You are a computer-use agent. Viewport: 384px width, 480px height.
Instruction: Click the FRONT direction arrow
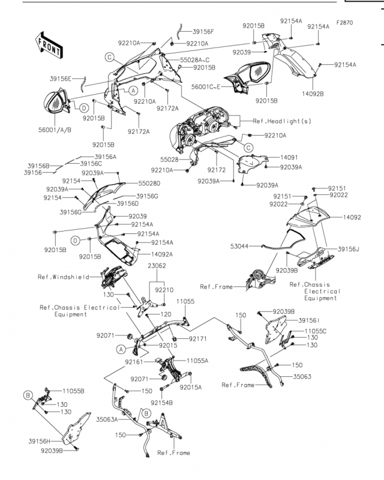49,45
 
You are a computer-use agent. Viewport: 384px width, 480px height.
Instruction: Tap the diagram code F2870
344,23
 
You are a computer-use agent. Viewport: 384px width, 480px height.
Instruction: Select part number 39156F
203,32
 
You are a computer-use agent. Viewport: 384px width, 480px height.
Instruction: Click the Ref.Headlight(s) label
282,121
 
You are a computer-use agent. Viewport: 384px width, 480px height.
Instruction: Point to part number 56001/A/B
55,130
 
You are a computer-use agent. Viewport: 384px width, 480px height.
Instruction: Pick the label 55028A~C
195,60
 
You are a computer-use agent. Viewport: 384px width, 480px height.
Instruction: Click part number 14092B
313,94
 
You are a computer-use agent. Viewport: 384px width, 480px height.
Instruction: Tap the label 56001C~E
206,87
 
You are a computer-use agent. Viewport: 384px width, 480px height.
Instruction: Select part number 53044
239,246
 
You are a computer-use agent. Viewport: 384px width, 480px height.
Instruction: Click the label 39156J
349,249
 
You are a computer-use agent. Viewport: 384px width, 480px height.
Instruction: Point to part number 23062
157,266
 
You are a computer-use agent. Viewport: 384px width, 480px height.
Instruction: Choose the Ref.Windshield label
64,277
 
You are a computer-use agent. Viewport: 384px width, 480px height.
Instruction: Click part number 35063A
107,419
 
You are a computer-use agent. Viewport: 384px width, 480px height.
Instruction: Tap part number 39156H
40,441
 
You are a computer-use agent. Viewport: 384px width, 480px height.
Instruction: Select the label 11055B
73,391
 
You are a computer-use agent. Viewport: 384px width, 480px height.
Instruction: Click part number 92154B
161,403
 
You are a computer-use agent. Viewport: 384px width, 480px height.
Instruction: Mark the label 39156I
309,320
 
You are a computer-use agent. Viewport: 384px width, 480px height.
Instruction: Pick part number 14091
289,157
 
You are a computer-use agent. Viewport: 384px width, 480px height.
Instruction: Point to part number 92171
198,338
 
